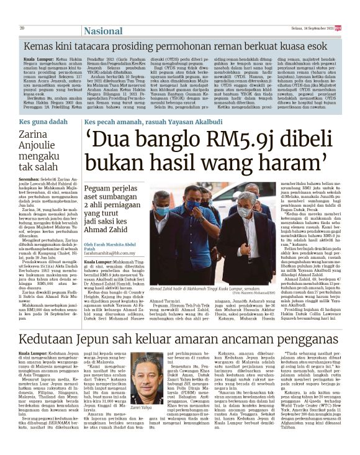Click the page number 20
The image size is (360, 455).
click(x=22, y=29)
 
